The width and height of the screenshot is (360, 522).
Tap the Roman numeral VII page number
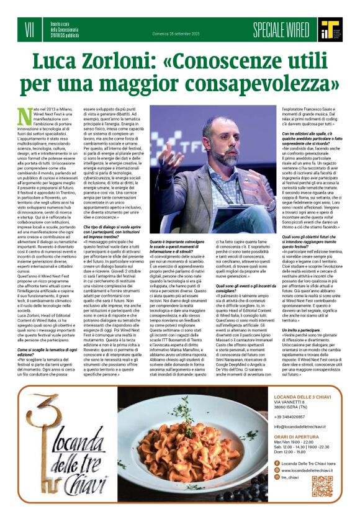[x=29, y=29]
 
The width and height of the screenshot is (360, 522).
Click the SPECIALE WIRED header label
[x=281, y=29]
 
